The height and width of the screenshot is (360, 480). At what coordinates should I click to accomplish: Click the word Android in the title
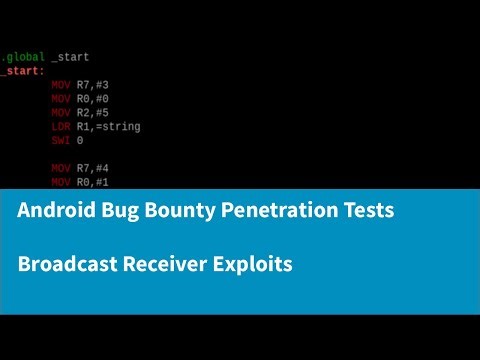click(x=59, y=212)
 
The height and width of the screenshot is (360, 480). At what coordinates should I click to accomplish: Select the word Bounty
click(x=187, y=212)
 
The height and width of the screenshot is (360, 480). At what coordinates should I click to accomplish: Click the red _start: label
click(x=22, y=71)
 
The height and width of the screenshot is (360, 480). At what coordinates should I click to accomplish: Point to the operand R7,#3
click(x=94, y=85)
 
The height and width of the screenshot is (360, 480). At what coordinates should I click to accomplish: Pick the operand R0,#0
click(x=94, y=99)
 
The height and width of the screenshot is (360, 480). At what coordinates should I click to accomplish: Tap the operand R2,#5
click(x=94, y=113)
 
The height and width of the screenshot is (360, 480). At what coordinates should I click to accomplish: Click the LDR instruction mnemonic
click(x=60, y=127)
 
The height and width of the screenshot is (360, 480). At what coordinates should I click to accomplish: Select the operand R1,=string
click(x=109, y=127)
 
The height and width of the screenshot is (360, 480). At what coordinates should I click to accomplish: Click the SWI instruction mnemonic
click(x=60, y=141)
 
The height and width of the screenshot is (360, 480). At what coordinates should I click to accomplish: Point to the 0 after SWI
click(x=80, y=141)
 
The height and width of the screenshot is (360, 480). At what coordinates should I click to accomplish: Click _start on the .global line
click(x=70, y=57)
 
